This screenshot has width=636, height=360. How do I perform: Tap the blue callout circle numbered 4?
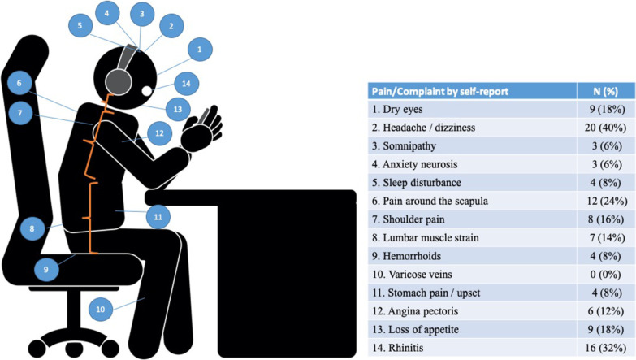click(x=106, y=13)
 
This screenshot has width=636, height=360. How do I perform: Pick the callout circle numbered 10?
click(x=101, y=309)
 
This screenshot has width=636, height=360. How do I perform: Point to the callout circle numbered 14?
click(x=186, y=83)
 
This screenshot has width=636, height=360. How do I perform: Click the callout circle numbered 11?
click(x=158, y=217)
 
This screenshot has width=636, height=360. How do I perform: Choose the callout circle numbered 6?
click(x=18, y=83)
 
